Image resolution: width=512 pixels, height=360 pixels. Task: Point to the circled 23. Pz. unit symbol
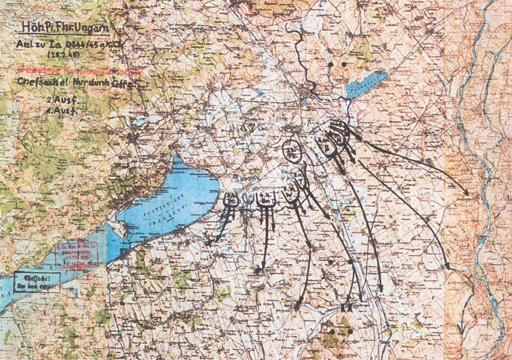(292, 150)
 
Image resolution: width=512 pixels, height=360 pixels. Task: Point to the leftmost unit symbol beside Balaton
(231, 199)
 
